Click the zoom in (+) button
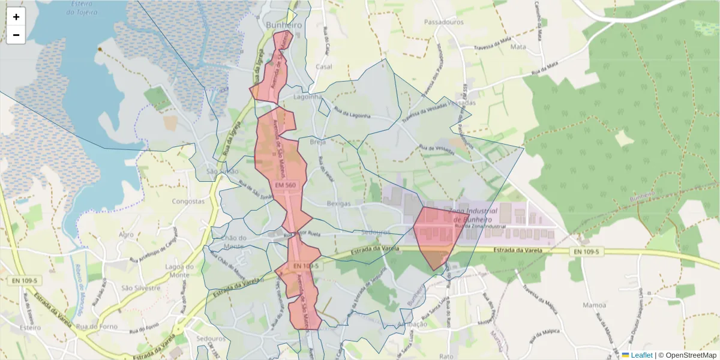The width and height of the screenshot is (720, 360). (16, 17)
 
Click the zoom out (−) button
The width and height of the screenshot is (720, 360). (16, 35)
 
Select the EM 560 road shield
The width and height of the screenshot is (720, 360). (286, 185)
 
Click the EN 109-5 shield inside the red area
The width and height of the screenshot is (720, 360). (306, 265)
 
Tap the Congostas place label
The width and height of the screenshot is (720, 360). (188, 202)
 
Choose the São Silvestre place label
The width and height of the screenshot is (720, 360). (141, 287)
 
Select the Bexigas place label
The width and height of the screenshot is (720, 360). (338, 203)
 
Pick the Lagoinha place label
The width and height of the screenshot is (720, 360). (308, 96)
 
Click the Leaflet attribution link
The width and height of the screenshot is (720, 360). (641, 355)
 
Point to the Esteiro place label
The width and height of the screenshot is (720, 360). (29, 328)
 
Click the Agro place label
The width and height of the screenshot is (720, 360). (126, 235)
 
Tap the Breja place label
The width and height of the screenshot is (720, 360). (317, 142)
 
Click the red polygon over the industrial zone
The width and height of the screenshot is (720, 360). (438, 234)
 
